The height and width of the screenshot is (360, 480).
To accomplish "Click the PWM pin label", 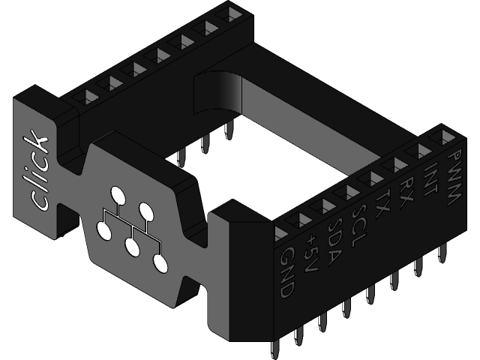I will pos(452,178).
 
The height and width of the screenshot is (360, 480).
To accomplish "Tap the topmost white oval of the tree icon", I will pos(118,196).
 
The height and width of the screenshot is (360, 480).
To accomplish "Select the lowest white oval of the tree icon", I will pos(160,262).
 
